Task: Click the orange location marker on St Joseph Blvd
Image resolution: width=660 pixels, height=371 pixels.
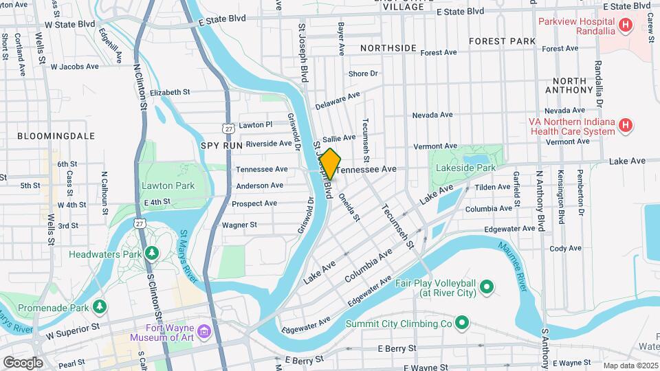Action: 330,164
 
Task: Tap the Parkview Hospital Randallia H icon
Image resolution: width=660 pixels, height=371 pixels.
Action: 626,26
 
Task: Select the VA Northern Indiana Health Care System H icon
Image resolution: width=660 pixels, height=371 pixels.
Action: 626,125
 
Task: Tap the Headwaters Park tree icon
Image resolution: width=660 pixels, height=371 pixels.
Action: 152,254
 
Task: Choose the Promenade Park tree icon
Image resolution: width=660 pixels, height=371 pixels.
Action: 100,304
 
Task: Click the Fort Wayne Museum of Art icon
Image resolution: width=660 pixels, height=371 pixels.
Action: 203,333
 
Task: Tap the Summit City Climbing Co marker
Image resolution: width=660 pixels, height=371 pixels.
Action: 462,322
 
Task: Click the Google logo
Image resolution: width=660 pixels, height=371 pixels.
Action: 23,362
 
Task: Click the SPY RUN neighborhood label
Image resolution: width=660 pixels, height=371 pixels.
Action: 221,146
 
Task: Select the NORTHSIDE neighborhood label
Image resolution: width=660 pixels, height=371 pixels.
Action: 388,48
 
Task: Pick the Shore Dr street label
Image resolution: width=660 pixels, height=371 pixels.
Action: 363,74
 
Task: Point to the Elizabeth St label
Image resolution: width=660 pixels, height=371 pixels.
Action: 169,92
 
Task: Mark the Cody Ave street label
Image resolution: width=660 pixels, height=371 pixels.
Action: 566,248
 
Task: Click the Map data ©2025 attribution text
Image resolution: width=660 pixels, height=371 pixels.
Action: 630,366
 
